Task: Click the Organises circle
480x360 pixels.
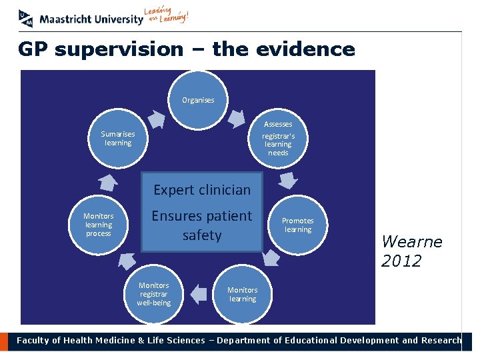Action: pos(198,100)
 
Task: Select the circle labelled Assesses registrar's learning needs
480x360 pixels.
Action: pos(278,139)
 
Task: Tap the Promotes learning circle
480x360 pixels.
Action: pos(297,225)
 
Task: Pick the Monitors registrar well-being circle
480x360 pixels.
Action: pos(154,294)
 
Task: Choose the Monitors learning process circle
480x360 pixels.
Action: pos(99,225)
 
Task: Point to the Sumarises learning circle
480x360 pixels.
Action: pos(117,139)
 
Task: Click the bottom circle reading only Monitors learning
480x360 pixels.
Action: pos(242,294)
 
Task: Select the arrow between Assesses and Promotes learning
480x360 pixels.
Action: pos(288,180)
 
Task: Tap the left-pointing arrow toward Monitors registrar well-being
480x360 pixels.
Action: pos(199,293)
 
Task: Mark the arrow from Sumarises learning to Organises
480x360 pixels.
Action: pos(156,119)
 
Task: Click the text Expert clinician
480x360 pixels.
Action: pos(202,190)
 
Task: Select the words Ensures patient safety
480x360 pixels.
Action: pos(202,225)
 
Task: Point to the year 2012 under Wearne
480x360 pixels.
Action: pos(401,261)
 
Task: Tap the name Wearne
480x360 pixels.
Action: pos(411,241)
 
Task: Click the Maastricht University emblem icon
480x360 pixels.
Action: pos(25,18)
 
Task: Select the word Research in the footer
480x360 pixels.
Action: pos(440,341)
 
